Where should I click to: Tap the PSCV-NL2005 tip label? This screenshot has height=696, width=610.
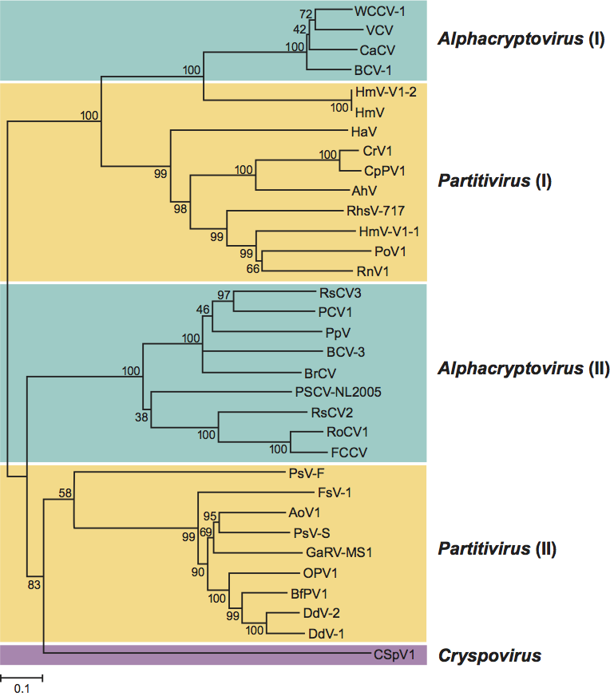click(339, 392)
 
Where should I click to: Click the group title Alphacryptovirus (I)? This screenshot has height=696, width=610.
click(521, 38)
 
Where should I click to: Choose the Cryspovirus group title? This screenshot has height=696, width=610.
click(489, 656)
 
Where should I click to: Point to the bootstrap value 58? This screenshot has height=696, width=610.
click(65, 492)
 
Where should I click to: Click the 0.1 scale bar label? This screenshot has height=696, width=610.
click(20, 687)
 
